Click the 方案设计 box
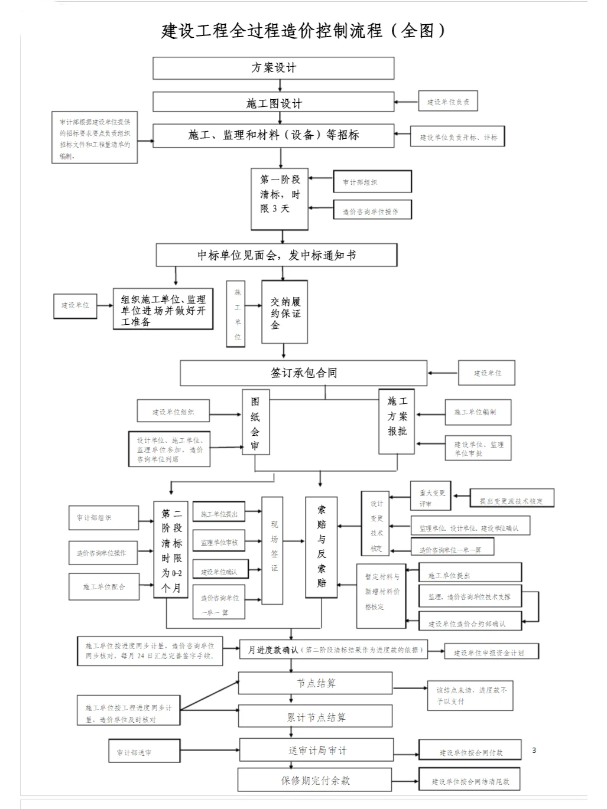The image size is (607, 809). [x=273, y=68]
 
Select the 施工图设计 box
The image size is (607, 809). [x=273, y=103]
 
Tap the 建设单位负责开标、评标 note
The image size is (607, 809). [x=458, y=137]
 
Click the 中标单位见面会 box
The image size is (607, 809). [x=276, y=255]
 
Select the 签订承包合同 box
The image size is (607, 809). [x=303, y=373]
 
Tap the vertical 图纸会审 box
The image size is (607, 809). [x=255, y=422]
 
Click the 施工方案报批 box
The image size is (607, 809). [x=397, y=421]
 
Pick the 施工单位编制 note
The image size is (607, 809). [x=478, y=412]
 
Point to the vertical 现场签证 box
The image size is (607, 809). [x=272, y=550]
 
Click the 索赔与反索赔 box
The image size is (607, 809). [x=321, y=547]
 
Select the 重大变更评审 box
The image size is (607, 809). [x=430, y=497]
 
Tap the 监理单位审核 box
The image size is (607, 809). [x=219, y=542]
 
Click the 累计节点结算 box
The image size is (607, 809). [x=315, y=717]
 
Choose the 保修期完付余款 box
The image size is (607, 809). [x=315, y=780]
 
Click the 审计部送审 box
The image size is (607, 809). [x=135, y=752]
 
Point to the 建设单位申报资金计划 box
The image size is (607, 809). [x=492, y=652]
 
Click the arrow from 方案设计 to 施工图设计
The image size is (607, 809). [x=280, y=86]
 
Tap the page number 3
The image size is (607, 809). [x=534, y=750]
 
